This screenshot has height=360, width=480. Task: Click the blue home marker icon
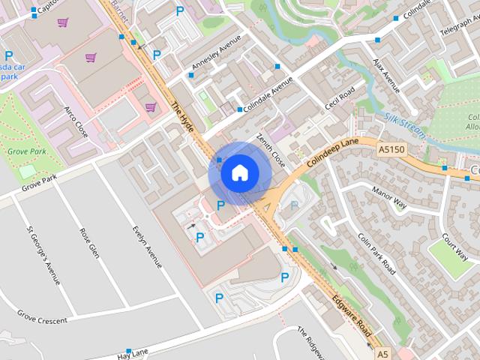click(x=239, y=173)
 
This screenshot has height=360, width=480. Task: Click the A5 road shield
click(x=383, y=353)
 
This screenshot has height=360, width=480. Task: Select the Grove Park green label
click(x=27, y=151)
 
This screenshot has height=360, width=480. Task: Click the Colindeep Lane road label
click(x=333, y=146)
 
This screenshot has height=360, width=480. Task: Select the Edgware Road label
click(x=352, y=315)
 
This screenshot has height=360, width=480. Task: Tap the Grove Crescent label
click(x=43, y=320)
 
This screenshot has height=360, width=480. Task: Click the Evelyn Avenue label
click(x=147, y=247)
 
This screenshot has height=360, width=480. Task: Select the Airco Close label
click(x=76, y=122)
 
